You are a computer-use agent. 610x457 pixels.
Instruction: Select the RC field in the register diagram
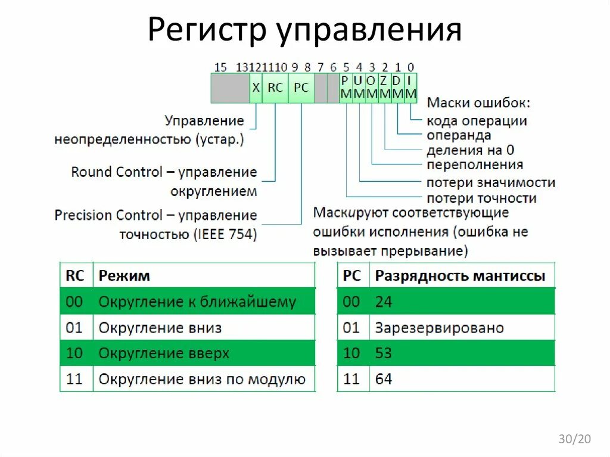pyautogui.click(x=275, y=88)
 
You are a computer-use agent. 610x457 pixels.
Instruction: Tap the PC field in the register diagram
pyautogui.click(x=301, y=88)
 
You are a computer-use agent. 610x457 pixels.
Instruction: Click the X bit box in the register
pyautogui.click(x=256, y=88)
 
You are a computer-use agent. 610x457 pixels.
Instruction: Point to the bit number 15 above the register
pyautogui.click(x=220, y=67)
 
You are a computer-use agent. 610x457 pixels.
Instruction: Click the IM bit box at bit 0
pyautogui.click(x=411, y=88)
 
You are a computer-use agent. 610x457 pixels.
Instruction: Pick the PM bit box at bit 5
pyautogui.click(x=346, y=88)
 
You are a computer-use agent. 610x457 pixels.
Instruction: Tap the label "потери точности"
pyautogui.click(x=481, y=198)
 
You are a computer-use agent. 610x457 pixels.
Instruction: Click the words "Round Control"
pyautogui.click(x=117, y=172)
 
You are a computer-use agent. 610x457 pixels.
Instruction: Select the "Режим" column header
pyautogui.click(x=124, y=276)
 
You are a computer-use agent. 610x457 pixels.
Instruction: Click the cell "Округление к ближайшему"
pyautogui.click(x=197, y=301)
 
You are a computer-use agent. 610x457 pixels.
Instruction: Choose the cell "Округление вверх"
pyautogui.click(x=164, y=353)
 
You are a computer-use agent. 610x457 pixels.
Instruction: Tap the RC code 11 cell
pyautogui.click(x=74, y=379)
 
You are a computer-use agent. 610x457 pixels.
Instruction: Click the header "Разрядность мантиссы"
pyautogui.click(x=459, y=276)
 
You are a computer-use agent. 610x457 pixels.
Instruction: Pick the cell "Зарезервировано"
pyautogui.click(x=439, y=328)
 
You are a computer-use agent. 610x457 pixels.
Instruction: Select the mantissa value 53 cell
pyautogui.click(x=384, y=353)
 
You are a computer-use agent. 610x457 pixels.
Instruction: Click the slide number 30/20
pyautogui.click(x=574, y=439)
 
